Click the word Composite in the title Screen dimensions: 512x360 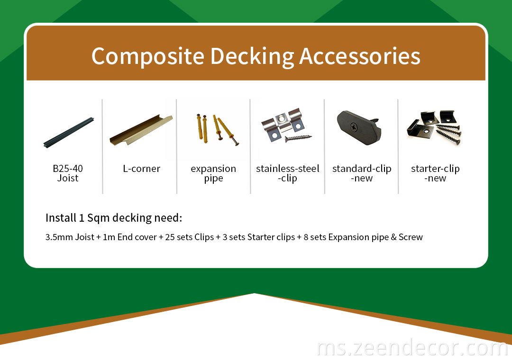(x=148, y=56)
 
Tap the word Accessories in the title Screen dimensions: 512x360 (x=359, y=56)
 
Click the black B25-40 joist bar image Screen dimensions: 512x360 (x=69, y=133)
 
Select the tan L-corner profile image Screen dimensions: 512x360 (x=141, y=130)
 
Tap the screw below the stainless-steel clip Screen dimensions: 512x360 (x=298, y=138)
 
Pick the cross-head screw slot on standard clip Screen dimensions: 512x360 (x=354, y=126)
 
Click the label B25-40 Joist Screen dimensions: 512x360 (x=68, y=173)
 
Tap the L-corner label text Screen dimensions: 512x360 (x=141, y=169)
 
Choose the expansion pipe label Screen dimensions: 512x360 (x=213, y=174)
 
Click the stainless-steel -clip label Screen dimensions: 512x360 (x=288, y=174)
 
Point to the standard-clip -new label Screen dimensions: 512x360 (x=362, y=173)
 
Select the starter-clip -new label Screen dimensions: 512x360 (x=435, y=173)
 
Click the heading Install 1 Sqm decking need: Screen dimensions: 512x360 (x=114, y=218)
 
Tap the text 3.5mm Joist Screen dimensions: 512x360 (x=70, y=237)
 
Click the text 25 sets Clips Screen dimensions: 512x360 (x=189, y=237)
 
